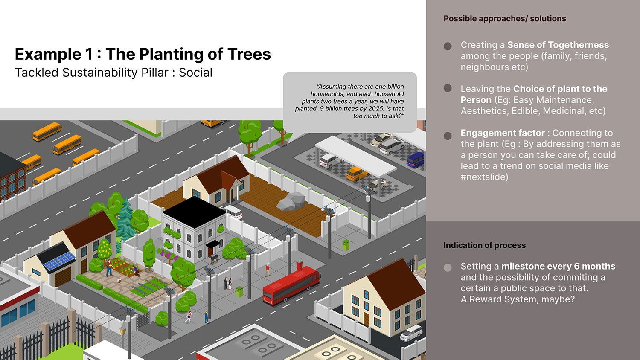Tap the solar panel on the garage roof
[59, 261]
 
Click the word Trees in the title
[249, 54]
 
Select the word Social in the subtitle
[195, 73]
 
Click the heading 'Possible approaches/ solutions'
[504, 19]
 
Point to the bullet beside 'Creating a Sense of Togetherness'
[448, 46]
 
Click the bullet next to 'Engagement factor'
[448, 136]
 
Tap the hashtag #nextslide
[484, 177]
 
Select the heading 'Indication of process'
[484, 245]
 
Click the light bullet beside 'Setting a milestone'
[448, 267]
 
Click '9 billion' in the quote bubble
[330, 109]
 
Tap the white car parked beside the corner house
[411, 333]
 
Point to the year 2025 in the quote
[376, 109]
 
